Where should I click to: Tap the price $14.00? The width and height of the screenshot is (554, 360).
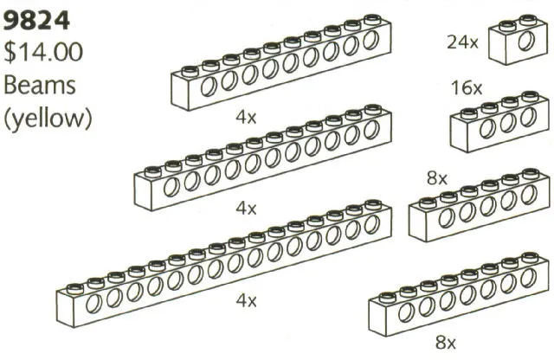tap(43, 53)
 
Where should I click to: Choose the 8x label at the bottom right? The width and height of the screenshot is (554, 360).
tap(446, 343)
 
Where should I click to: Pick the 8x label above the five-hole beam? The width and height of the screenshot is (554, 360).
tap(436, 179)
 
